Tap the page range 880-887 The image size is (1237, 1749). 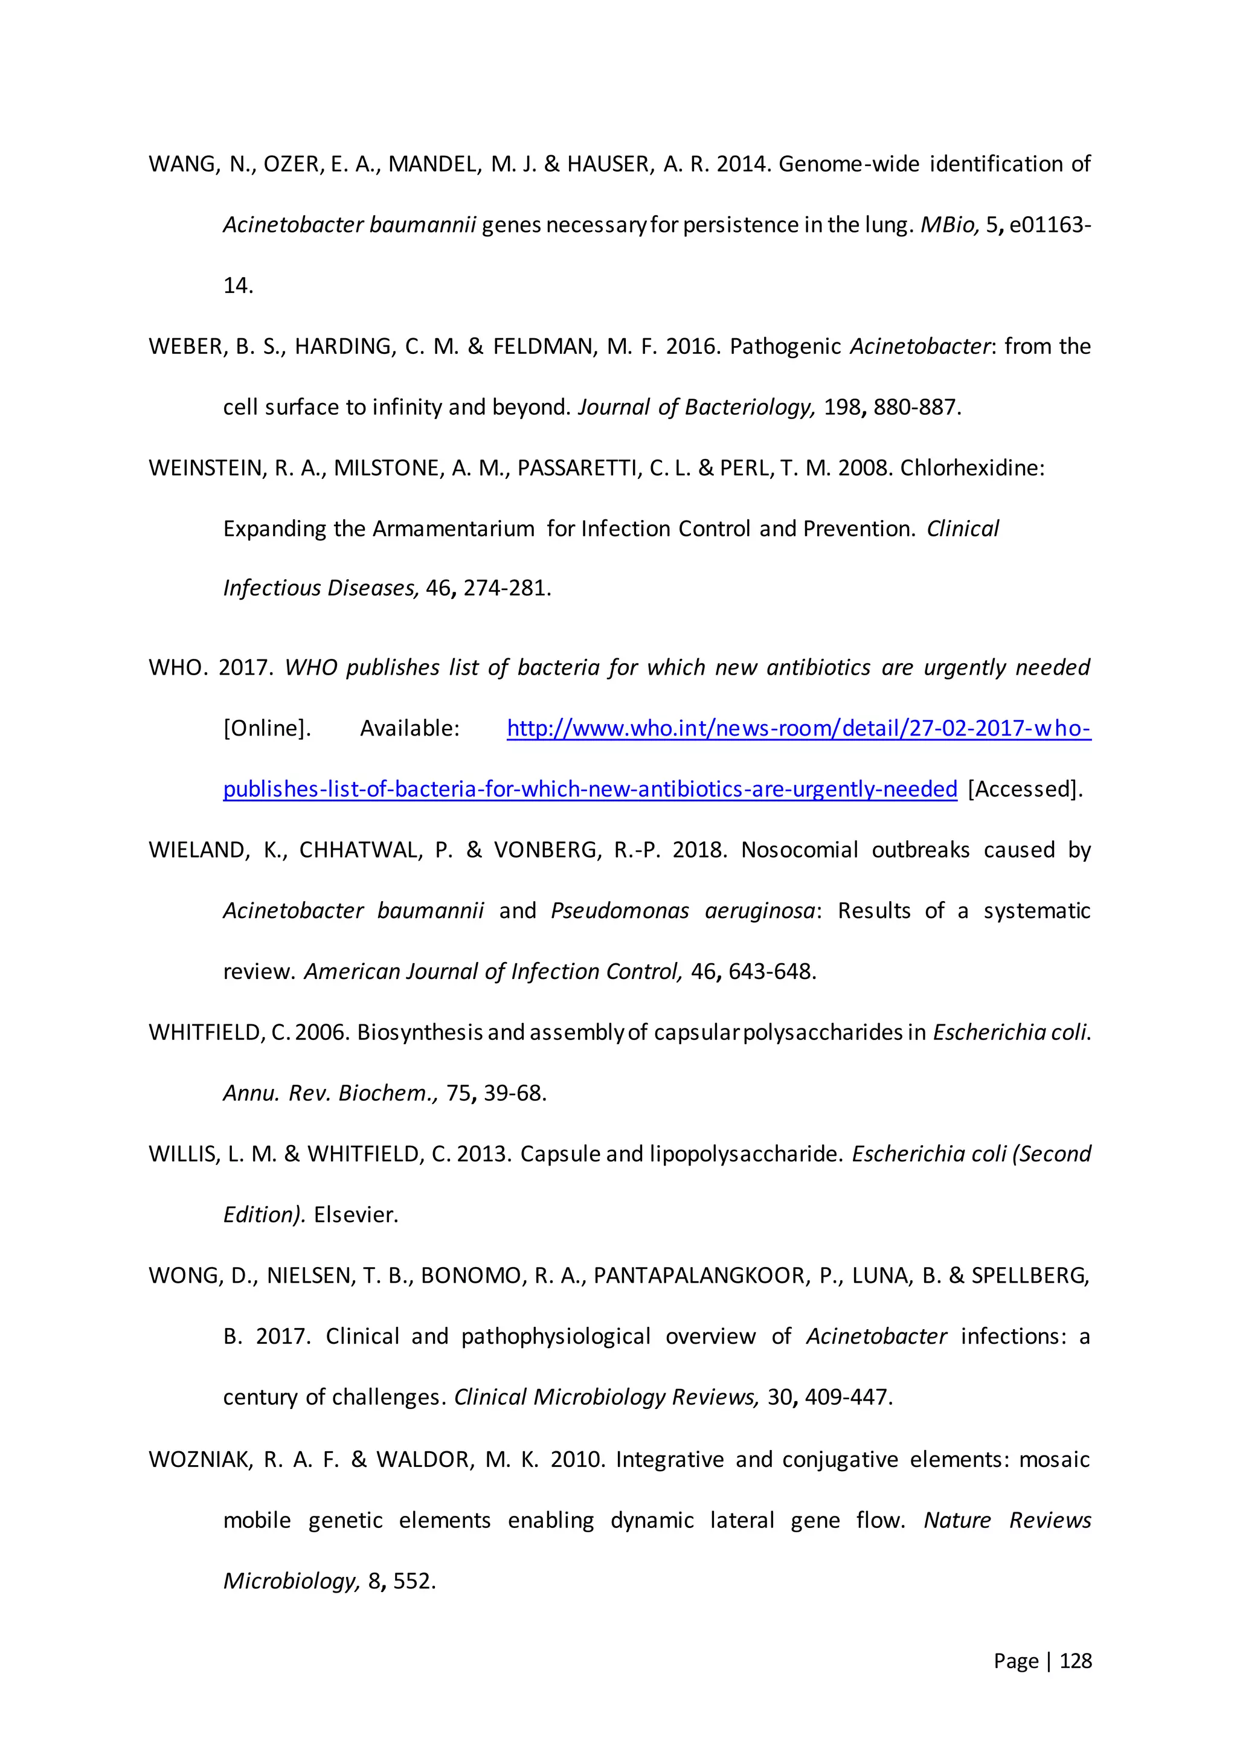(x=916, y=408)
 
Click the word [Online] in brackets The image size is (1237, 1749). (x=266, y=729)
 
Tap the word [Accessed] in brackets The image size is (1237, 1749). (x=1024, y=789)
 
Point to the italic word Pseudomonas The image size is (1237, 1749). (x=619, y=911)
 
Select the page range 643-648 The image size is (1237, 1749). (x=771, y=972)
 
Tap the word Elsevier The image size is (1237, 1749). (x=356, y=1215)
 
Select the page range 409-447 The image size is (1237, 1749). (x=848, y=1397)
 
